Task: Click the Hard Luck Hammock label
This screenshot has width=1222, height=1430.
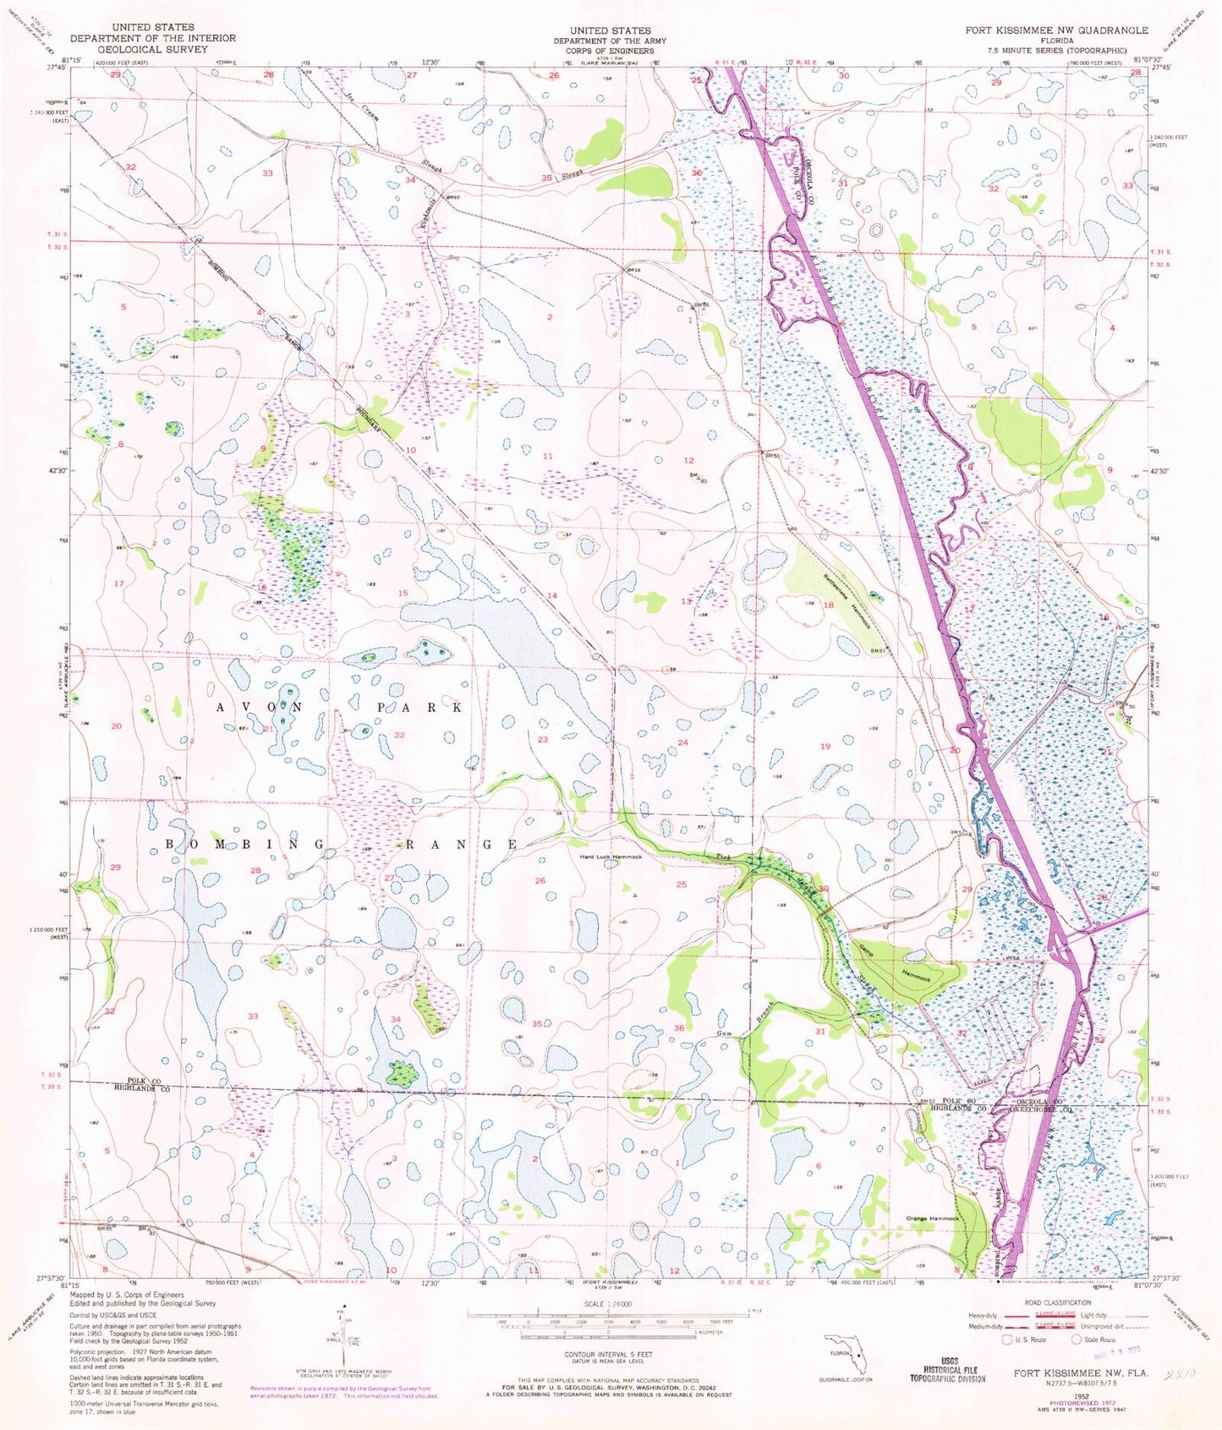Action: (611, 857)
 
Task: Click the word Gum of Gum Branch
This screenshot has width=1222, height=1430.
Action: (724, 1033)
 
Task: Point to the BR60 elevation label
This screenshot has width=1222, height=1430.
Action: (451, 197)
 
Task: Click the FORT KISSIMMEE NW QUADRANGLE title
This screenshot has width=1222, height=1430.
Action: (1057, 30)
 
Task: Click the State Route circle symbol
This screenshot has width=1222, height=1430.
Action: (1076, 1340)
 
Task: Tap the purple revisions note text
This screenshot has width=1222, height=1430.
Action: (342, 1392)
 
